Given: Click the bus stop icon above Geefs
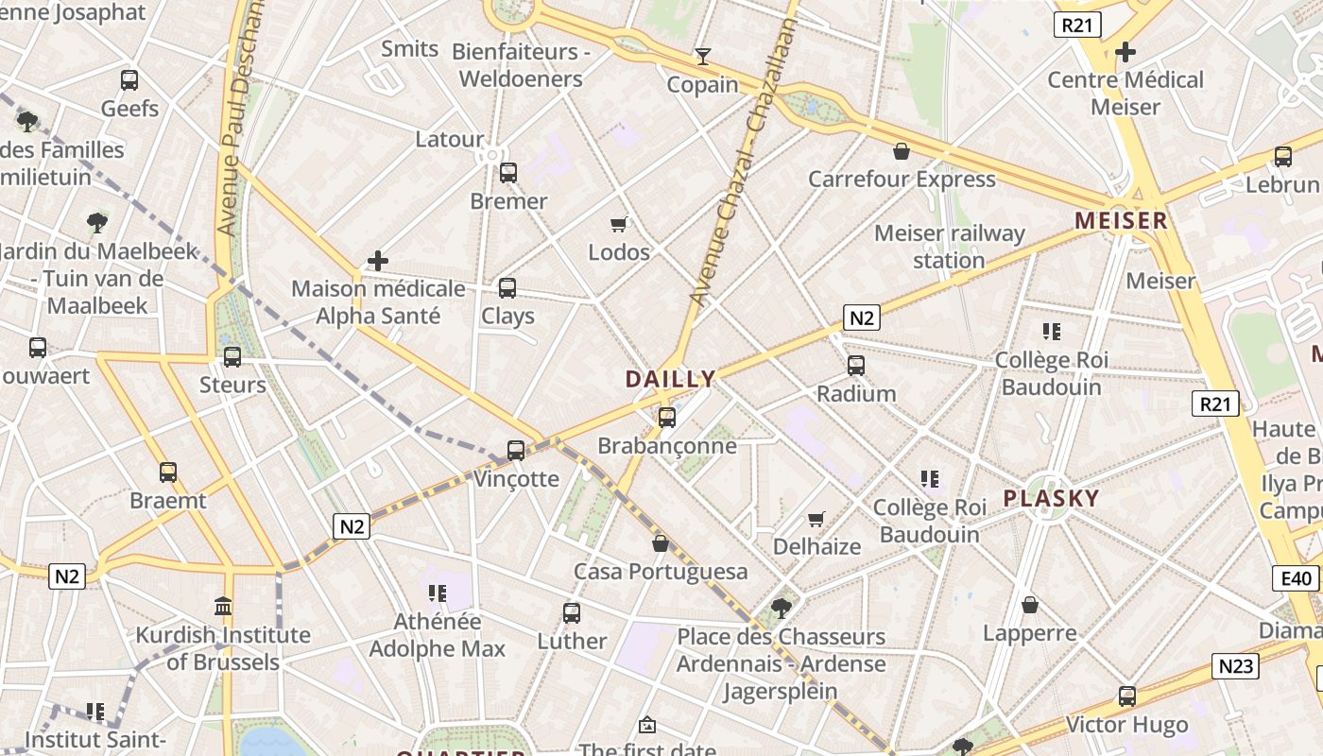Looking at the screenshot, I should point(129,80).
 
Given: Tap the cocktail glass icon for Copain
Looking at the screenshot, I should point(702,57).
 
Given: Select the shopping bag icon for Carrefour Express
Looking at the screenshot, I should point(902,151).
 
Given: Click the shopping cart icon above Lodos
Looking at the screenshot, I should point(619,224).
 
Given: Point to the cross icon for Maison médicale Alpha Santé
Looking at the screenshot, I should point(378,261).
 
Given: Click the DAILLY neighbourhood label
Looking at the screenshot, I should point(670,379).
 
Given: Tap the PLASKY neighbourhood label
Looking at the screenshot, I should point(1051,498).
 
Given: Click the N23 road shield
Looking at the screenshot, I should point(1235,666).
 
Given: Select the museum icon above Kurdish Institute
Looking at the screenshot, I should point(223,606).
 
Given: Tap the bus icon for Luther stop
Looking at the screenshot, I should point(572,613).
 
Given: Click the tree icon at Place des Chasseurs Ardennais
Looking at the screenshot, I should point(781,608).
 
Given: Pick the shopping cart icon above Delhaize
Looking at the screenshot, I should point(816,519).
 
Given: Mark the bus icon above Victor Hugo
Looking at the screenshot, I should point(1126,696).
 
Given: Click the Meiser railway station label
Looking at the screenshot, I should point(949,247).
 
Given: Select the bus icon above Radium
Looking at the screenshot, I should point(856,365).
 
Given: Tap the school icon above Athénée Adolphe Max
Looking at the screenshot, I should point(437,593).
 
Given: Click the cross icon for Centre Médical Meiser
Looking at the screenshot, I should point(1125,52).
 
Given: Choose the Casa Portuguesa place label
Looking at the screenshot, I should point(661,572).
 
